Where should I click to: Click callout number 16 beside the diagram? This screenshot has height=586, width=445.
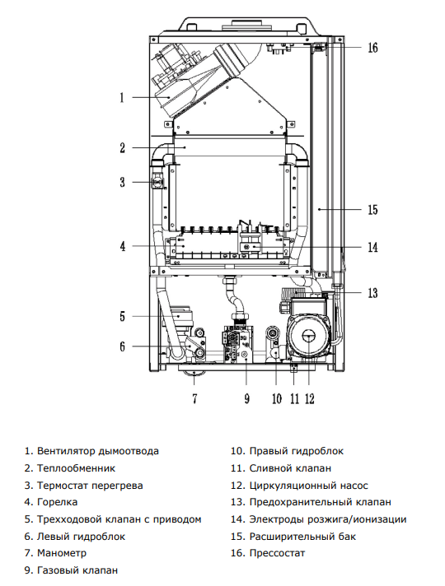coord(372,48)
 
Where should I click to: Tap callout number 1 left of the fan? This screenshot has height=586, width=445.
coord(122,98)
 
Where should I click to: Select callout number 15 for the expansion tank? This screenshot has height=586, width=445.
coord(372,210)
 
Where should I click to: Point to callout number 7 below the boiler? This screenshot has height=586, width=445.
coord(194,399)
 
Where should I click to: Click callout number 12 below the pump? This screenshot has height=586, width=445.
coord(310,399)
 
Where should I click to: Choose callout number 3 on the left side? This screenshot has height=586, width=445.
coord(123,183)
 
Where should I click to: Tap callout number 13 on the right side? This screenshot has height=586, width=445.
coord(372,293)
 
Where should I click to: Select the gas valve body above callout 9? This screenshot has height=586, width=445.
coord(237,344)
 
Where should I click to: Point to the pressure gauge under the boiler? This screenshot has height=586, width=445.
coord(194,373)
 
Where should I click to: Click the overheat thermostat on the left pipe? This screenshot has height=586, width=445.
coord(157,183)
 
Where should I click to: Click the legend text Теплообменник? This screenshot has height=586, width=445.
coord(76,468)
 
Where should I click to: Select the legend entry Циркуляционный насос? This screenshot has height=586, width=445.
coord(309,486)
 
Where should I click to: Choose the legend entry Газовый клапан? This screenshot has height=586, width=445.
coord(77,570)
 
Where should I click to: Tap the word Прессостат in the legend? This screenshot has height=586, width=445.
coord(278,553)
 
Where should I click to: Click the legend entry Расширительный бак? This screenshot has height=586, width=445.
coord(302,537)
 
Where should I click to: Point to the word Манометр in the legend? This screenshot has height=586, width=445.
coord(61,553)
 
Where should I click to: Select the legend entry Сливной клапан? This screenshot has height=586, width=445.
coord(290,468)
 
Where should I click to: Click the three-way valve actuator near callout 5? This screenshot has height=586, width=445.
coord(180,318)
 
